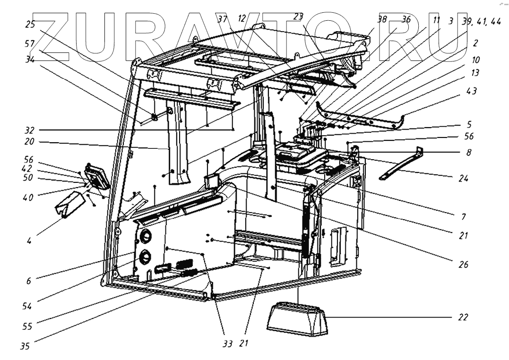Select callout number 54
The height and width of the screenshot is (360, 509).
pos(27,306)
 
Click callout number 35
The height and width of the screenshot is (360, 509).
pos(25,346)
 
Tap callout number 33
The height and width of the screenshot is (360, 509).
pos(228,344)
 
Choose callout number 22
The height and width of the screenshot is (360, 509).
pos(463,317)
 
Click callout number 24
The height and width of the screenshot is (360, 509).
pos(463,179)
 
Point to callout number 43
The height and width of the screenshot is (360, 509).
pos(471,91)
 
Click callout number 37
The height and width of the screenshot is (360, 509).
pos(223,19)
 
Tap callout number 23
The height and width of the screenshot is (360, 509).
pos(298,16)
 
